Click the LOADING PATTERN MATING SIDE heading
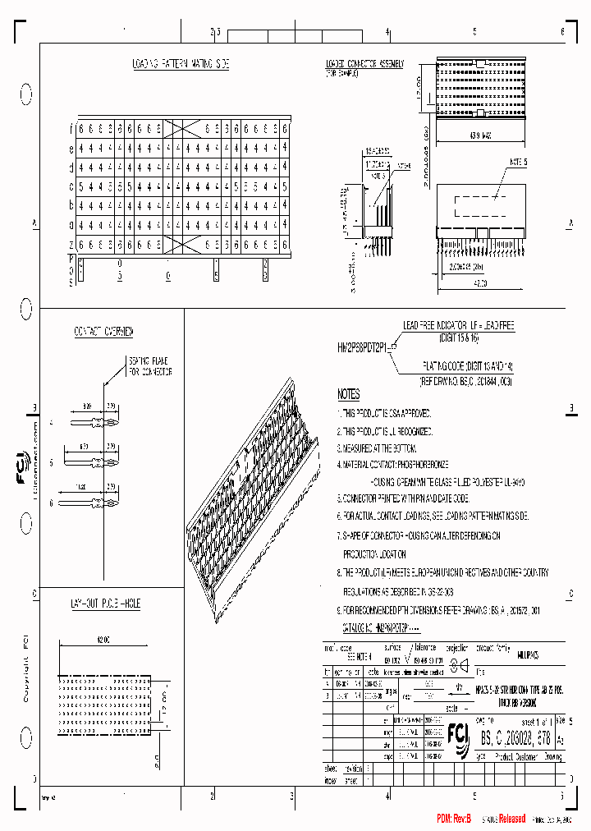[x=181, y=63]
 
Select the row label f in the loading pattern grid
[x=71, y=129]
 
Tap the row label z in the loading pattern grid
[x=71, y=244]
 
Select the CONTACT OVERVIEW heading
[x=103, y=332]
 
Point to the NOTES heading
[x=348, y=395]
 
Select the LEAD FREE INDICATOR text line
[x=457, y=326]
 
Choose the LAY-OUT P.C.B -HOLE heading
[x=104, y=604]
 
